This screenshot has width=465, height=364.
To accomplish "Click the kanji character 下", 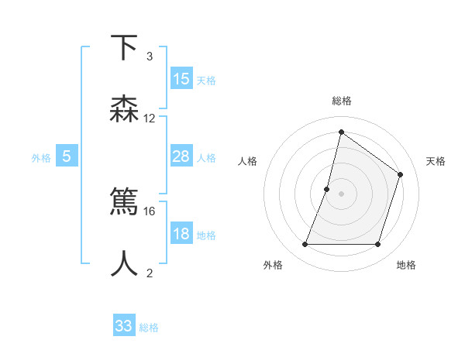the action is [x=124, y=48].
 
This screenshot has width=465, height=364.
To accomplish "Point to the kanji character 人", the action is [x=124, y=264].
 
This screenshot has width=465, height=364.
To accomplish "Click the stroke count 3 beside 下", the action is [x=150, y=57].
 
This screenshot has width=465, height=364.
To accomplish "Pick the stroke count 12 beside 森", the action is [x=150, y=118].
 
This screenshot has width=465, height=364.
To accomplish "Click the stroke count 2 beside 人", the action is [x=150, y=273].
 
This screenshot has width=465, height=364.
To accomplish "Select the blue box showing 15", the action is [x=181, y=79].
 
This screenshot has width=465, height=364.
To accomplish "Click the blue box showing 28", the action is [x=181, y=156].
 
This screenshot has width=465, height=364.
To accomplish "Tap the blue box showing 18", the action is [x=181, y=234].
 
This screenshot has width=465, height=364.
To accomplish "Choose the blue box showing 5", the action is [x=67, y=156].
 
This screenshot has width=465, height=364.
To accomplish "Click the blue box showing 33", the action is [x=124, y=326].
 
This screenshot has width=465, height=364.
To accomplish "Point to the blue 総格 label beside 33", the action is [x=149, y=328].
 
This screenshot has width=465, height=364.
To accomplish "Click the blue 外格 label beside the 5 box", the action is [x=41, y=158].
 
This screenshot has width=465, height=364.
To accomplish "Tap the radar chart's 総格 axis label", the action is [x=341, y=101].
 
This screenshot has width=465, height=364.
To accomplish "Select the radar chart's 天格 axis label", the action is [x=436, y=161].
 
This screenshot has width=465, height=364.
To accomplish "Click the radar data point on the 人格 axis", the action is [x=327, y=189].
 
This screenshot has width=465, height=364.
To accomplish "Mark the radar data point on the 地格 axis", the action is [x=377, y=245].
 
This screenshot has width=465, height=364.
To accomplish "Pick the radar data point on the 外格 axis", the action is [x=305, y=245].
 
